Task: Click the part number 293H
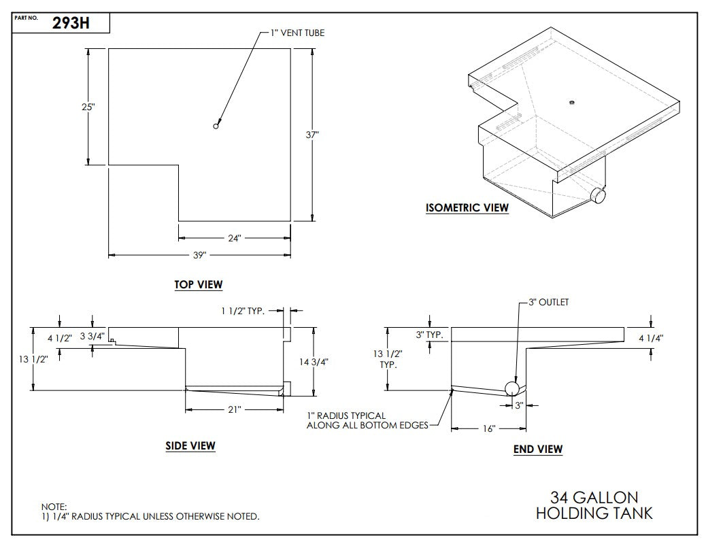point(71,24)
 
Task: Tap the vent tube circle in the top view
point(216,126)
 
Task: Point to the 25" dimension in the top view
point(88,107)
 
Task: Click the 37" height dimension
point(312,135)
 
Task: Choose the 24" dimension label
point(234,238)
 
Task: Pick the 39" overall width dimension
point(199,255)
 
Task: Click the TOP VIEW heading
point(198,285)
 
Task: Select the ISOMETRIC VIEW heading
point(467,208)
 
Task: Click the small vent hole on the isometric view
point(571,102)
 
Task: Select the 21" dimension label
point(234,410)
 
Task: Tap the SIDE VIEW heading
point(190,446)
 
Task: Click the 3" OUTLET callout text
point(548,303)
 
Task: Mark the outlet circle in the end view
point(512,388)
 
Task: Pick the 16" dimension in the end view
point(488,428)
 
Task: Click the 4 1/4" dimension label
point(651,337)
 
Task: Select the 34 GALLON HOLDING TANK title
point(594,505)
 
